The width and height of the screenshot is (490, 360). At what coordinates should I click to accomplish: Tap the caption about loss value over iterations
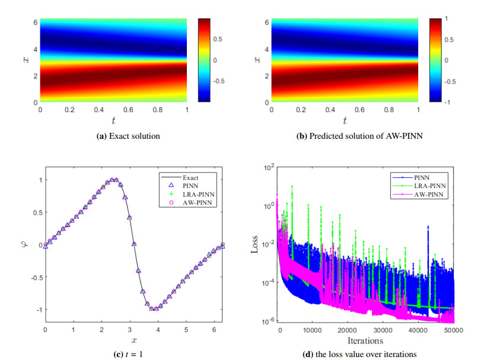359,355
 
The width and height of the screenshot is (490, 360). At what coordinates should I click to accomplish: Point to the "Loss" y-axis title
254,244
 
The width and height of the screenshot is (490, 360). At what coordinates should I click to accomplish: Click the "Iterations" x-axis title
365,340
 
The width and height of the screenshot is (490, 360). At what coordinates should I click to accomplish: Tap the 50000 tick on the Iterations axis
454,331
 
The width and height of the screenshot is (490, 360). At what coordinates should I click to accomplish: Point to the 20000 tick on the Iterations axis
349,331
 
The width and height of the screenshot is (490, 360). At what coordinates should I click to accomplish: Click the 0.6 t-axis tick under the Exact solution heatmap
128,110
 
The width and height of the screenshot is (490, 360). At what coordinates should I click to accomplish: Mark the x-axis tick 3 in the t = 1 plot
130,328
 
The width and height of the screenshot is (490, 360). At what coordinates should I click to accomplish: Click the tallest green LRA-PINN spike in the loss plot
292,186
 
